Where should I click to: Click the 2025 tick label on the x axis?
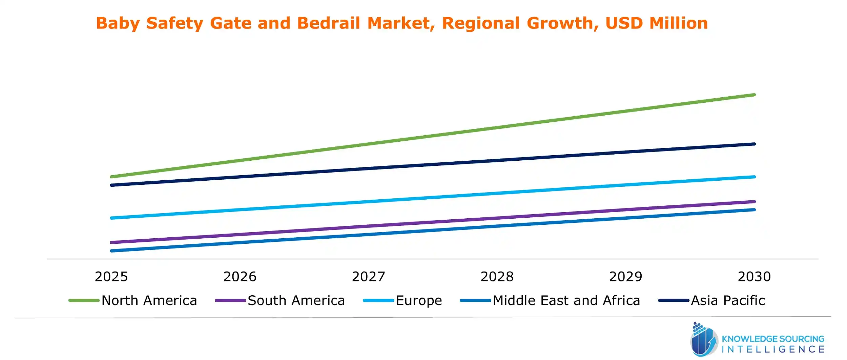111,277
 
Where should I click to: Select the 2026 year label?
240,277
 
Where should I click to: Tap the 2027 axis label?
369,277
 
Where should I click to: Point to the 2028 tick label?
497,277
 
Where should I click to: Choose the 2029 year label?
626,277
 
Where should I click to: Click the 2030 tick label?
754,277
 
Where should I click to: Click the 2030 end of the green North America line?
754,95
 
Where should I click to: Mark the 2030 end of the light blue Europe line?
754,177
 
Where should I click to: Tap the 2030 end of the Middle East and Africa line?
754,210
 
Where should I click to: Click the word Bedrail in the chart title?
328,23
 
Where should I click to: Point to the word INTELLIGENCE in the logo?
773,349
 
